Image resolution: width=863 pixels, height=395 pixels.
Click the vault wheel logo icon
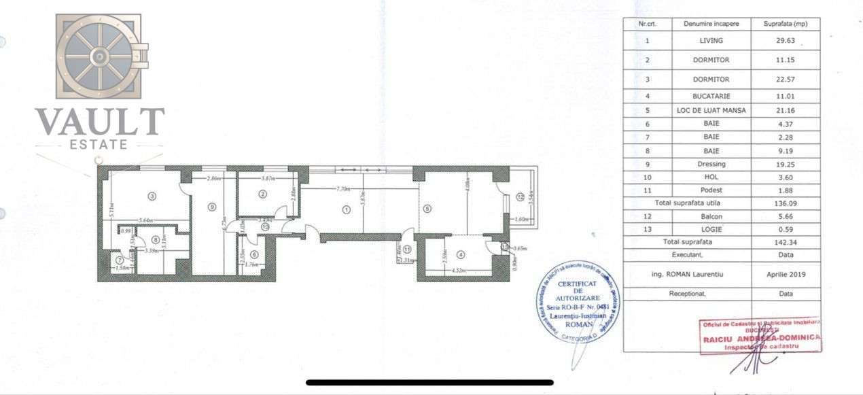99,56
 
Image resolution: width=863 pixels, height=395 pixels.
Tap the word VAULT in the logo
99,122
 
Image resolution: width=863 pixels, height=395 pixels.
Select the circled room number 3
152,196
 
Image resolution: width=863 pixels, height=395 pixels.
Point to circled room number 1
347,209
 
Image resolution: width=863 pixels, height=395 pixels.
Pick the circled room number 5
427,208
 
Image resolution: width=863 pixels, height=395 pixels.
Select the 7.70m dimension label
341,188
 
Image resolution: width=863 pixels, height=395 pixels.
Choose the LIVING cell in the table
711,41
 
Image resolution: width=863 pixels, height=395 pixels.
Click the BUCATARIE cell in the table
711,97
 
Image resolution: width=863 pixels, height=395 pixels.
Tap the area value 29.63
785,41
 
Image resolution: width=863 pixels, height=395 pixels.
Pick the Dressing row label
711,164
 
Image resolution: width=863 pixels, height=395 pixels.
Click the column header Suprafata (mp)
785,24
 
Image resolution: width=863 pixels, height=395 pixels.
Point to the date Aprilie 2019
785,274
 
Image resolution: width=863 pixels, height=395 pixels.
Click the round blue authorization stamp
578,302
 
